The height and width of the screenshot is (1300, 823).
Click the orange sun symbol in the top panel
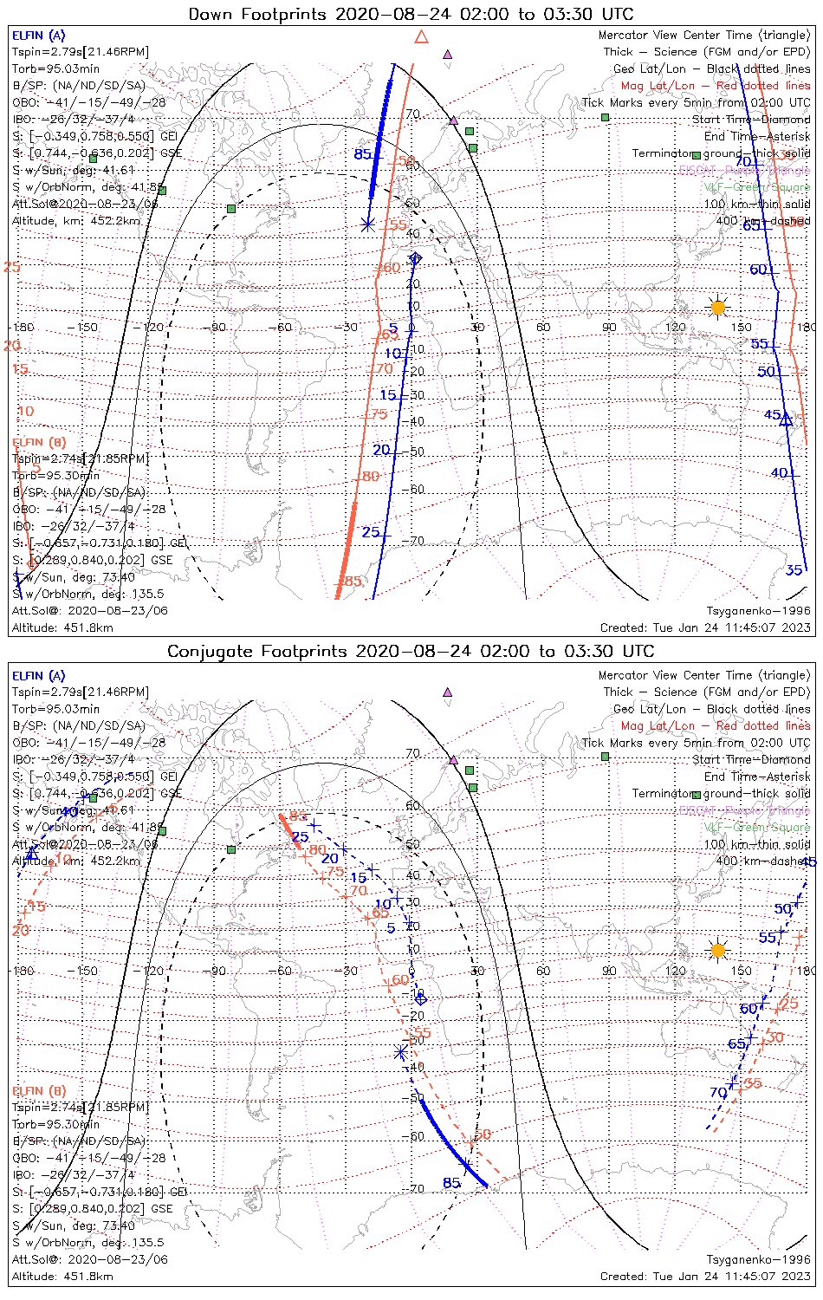[717, 307]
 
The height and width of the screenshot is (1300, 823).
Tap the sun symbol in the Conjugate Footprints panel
[717, 950]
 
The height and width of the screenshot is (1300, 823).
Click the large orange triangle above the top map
[422, 36]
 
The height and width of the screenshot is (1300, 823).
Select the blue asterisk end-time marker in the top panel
[367, 224]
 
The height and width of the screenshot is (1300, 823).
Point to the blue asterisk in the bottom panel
[400, 1052]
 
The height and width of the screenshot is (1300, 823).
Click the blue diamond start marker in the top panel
[415, 258]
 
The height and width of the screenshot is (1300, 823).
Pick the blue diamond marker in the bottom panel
[421, 998]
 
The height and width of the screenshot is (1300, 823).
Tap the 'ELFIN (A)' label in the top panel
[38, 36]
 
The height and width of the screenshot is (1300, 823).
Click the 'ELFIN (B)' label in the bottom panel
[39, 1090]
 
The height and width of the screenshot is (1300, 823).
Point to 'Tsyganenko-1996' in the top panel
[758, 611]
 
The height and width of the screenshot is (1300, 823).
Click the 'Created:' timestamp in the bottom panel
[705, 1276]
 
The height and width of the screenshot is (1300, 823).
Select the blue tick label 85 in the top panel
[362, 154]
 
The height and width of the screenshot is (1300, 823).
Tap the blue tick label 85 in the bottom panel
[451, 1183]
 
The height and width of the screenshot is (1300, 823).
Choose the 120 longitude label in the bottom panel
[676, 971]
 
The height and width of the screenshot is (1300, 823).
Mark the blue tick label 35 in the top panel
[794, 570]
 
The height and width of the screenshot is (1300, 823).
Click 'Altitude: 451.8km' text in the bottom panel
[62, 1276]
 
